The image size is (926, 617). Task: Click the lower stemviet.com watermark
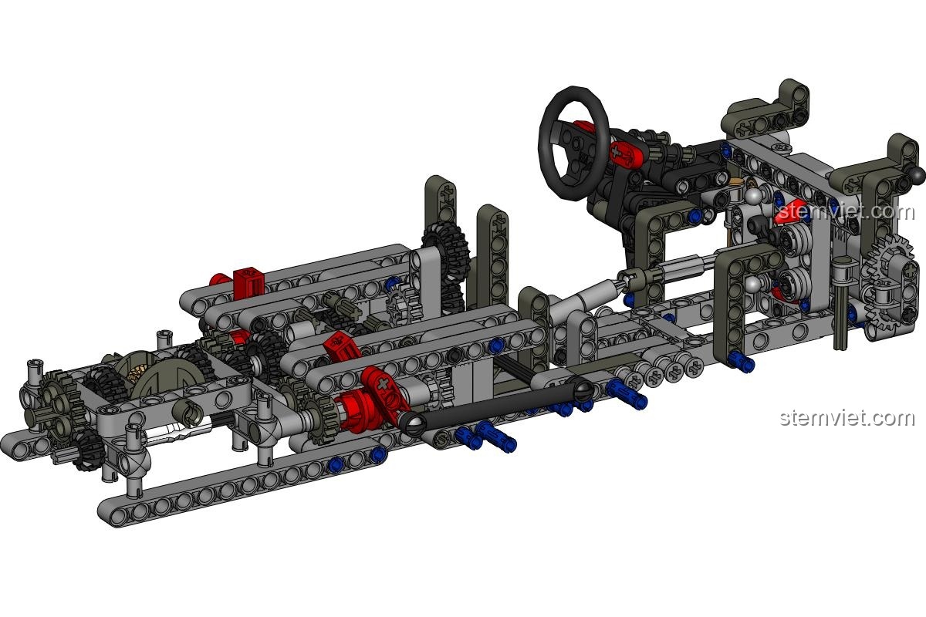click(x=847, y=418)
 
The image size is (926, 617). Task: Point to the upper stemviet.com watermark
click(x=846, y=211)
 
